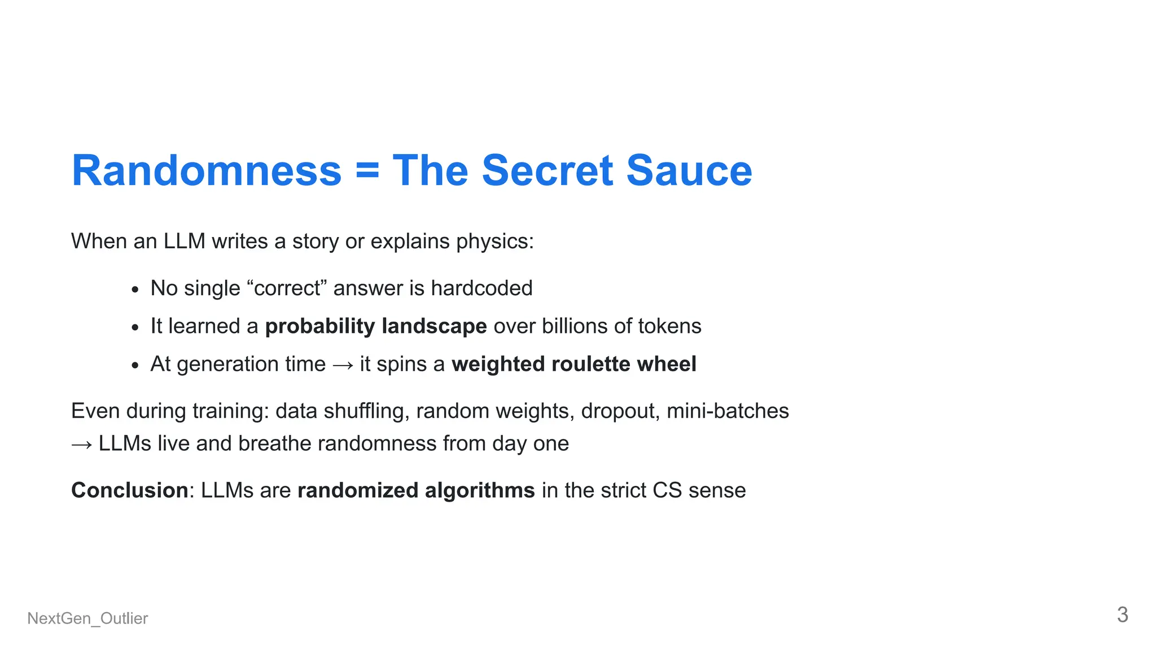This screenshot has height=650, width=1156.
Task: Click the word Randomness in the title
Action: coord(207,170)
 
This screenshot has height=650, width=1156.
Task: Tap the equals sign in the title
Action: coord(367,170)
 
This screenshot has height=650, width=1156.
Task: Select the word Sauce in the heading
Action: coord(689,170)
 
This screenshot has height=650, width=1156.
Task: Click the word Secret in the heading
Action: coord(547,170)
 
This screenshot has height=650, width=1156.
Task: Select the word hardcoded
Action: coord(481,288)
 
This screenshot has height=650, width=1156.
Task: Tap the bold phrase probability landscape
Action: coord(376,326)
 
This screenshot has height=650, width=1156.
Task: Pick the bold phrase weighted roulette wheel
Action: coord(574,364)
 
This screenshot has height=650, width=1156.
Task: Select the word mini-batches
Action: coord(728,411)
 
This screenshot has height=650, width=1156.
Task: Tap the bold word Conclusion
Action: coord(130,490)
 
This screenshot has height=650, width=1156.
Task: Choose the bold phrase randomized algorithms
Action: coord(416,490)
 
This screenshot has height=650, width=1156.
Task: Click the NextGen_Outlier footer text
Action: coord(87,618)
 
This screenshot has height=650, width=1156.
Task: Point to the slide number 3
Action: coord(1122,614)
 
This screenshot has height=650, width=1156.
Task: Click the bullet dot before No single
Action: coord(134,290)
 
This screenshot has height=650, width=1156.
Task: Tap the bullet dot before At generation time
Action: coord(134,366)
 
